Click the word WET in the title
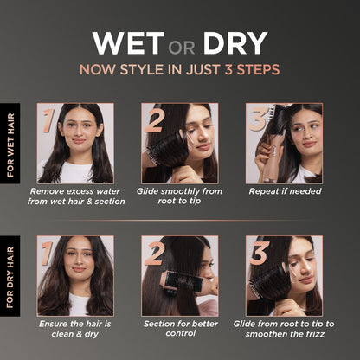(x=128, y=43)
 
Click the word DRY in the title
(x=235, y=43)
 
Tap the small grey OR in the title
(x=182, y=48)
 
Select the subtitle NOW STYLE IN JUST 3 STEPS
(x=180, y=69)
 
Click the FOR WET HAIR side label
(x=10, y=145)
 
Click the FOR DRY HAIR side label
(x=10, y=277)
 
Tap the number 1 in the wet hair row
(x=48, y=120)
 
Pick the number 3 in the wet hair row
(x=258, y=119)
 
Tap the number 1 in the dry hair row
(x=47, y=254)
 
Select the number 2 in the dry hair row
(x=155, y=253)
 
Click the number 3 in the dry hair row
(x=260, y=253)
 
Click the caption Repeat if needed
(x=285, y=191)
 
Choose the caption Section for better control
(x=181, y=329)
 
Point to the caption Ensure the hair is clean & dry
(x=75, y=329)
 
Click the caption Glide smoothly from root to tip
(x=179, y=196)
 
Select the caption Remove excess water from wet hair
(x=76, y=196)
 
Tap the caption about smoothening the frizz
(x=284, y=329)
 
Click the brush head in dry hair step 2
(x=184, y=280)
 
